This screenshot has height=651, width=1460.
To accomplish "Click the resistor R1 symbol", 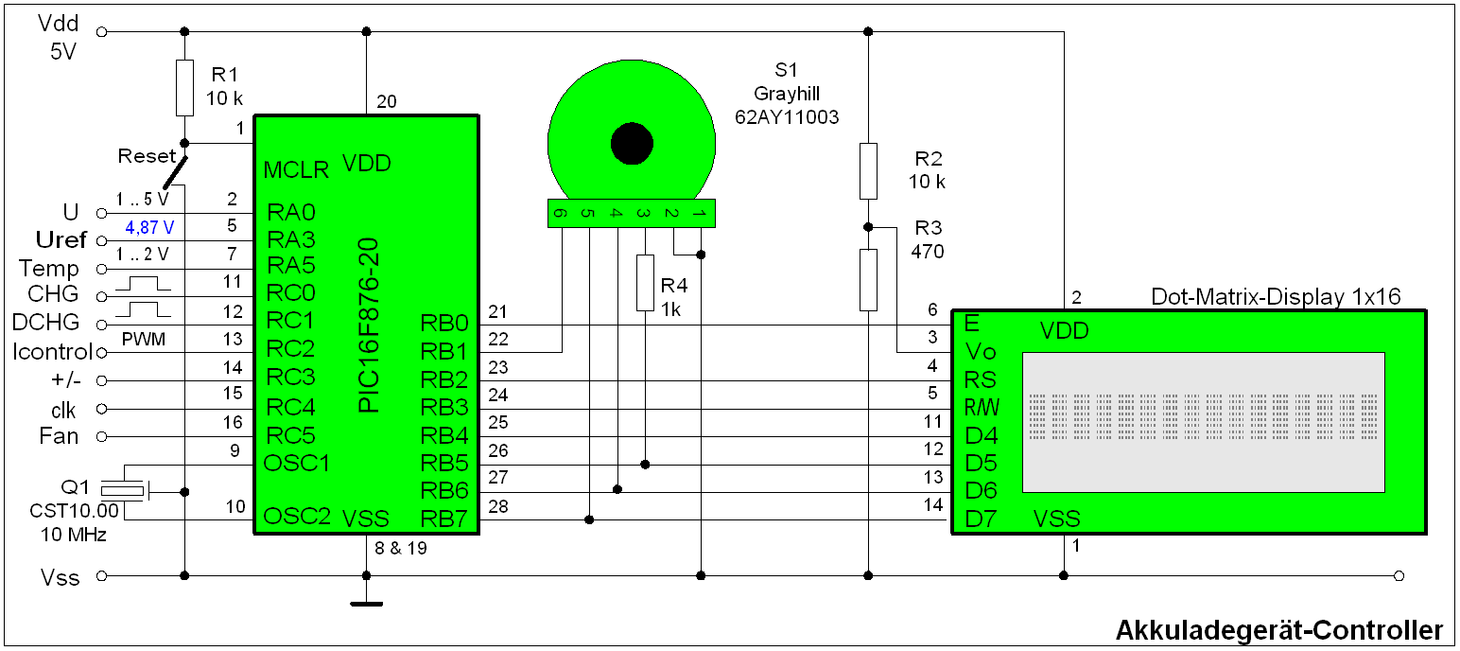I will [x=185, y=88].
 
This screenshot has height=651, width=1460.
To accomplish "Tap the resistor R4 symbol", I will [x=645, y=283].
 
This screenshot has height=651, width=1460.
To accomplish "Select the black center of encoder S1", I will [x=632, y=144].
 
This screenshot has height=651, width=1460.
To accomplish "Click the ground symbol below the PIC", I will [x=367, y=601].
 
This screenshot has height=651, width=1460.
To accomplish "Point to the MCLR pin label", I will [x=296, y=170].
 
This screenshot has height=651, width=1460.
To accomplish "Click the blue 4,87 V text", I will [x=149, y=228].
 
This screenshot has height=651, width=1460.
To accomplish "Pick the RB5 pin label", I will [x=443, y=464].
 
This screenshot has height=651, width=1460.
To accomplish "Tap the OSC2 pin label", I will [x=297, y=517].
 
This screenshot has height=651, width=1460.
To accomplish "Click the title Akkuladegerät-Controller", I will [x=1279, y=630].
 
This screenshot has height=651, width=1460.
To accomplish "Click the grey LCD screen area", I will [x=1203, y=422].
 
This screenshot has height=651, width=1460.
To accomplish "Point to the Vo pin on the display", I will [x=981, y=352].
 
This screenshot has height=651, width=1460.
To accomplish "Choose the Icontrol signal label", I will [x=53, y=353].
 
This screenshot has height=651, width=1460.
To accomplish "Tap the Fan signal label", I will [x=60, y=436].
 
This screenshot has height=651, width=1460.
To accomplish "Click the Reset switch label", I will [x=147, y=155].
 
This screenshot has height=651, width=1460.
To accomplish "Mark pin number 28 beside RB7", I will [x=498, y=507].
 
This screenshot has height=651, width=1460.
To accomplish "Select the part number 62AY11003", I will [x=787, y=116].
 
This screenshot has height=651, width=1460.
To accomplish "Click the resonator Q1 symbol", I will [x=124, y=490].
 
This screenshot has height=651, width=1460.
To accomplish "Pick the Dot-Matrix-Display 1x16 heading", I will [x=1276, y=297].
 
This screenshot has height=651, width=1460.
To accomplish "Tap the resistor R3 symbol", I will [x=869, y=280].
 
